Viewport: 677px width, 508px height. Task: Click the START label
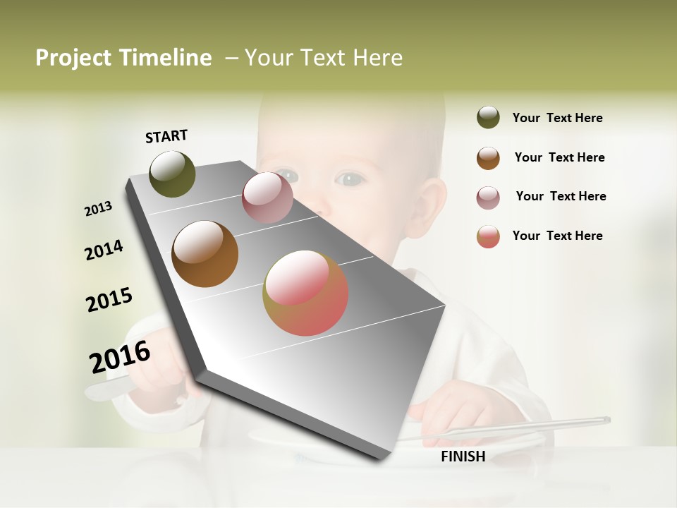point(166,136)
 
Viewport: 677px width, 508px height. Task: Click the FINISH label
point(463,456)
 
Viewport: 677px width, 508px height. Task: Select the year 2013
point(98,209)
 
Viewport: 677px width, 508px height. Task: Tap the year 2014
point(104,250)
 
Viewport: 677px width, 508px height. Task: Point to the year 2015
point(109,300)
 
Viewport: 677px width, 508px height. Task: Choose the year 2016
point(120,357)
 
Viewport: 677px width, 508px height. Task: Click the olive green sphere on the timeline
point(172,174)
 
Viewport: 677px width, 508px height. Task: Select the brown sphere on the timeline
point(205,254)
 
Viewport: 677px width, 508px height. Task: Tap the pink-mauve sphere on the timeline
point(267,198)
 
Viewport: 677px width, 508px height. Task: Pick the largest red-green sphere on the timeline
point(305,293)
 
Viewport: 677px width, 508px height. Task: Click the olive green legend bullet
point(488,117)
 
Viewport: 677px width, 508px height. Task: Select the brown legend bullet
point(488,158)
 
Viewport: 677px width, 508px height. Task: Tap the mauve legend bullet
point(488,198)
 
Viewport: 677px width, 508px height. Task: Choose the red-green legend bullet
point(488,236)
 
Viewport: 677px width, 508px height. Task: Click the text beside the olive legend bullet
point(557,118)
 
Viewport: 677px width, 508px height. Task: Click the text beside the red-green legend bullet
point(557,236)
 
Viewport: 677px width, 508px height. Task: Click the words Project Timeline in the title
point(123,58)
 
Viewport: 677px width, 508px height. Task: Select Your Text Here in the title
point(324,58)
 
